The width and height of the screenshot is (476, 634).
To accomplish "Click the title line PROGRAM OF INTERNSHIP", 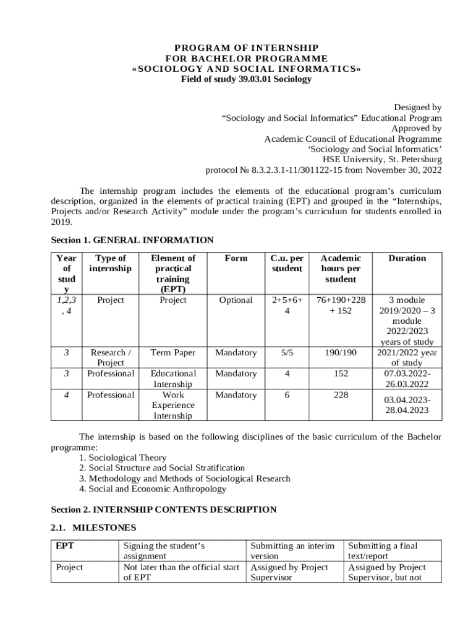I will pos(246,48).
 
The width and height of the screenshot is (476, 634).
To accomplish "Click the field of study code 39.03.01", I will pos(255,79).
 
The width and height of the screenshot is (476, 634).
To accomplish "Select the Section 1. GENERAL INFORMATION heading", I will pos(132,240).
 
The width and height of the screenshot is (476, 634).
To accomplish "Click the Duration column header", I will pos(407,258).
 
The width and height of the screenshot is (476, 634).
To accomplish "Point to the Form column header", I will pos(236,258).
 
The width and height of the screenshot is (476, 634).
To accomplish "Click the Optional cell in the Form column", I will pos(236,300).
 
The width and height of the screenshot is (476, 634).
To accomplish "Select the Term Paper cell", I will pos(173,353).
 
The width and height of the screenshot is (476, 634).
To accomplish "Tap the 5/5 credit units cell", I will pos(287,353).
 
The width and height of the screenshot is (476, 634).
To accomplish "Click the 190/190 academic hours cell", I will pos(341,353).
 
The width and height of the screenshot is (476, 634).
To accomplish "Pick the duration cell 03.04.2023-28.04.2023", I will pos(407,405).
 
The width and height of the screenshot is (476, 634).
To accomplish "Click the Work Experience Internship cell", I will pos(173,406).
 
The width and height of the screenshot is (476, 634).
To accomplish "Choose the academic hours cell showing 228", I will pos(341,395).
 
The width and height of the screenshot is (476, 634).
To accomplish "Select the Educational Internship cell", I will pos(173,379).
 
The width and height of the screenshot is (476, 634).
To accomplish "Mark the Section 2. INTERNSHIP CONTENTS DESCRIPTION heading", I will pos(163,510).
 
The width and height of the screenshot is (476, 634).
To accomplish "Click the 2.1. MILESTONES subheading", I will pos(93,528).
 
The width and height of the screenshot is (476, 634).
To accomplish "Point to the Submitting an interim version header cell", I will pos(292,551).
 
